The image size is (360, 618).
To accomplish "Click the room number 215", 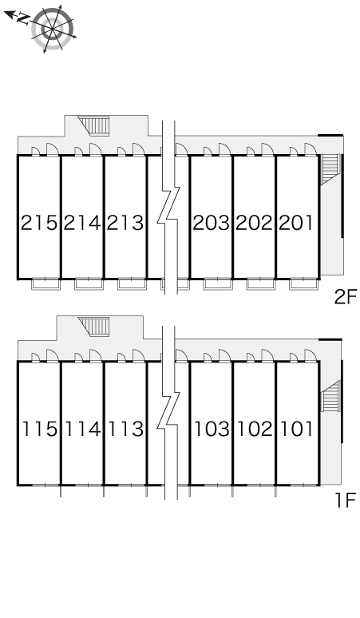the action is coord(39,223).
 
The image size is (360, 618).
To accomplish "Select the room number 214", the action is coord(82,223).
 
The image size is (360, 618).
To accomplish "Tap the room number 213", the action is coord(125,223).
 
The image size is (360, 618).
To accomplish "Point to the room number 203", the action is coord(211,223).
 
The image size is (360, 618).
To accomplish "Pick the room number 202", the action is coord(254,223).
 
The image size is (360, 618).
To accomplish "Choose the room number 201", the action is coord(296,223).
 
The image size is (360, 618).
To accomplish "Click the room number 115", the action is coord(39,430).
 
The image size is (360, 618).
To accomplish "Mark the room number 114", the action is coord(83,430).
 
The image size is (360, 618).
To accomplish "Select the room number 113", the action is coord(125,430).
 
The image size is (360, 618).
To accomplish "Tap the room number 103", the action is coord(212,430).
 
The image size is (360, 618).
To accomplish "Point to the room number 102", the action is coord(255,430).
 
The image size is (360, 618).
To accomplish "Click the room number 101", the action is coord(297,430).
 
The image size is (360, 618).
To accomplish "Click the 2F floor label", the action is coord(345,297).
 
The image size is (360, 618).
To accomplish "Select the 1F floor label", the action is coord(346,501).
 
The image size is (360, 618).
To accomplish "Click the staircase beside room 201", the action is coord(330,168).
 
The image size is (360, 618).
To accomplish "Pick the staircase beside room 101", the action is coord(330,396).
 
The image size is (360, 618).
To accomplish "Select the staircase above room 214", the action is coord(93,125).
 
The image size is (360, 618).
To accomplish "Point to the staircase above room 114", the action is coord(93,327).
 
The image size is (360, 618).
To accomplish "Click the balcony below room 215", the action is coord(45,283).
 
